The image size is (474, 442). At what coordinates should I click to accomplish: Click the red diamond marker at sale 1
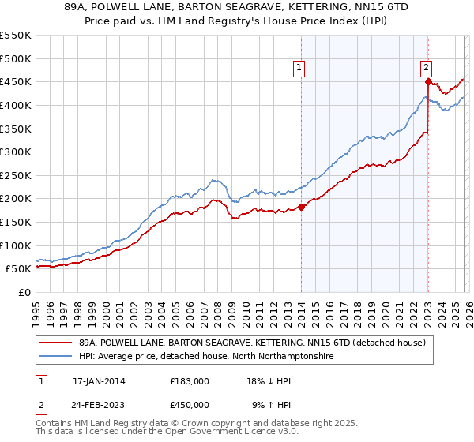coord(301,208)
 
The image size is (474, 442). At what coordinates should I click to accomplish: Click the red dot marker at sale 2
coord(427,81)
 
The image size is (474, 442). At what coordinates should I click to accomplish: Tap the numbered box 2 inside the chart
coord(427,68)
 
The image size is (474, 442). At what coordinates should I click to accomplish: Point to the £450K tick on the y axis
coord(16,81)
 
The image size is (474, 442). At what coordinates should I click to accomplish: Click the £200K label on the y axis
coord(16,199)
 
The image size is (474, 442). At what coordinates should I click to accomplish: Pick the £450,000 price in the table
coord(190,404)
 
